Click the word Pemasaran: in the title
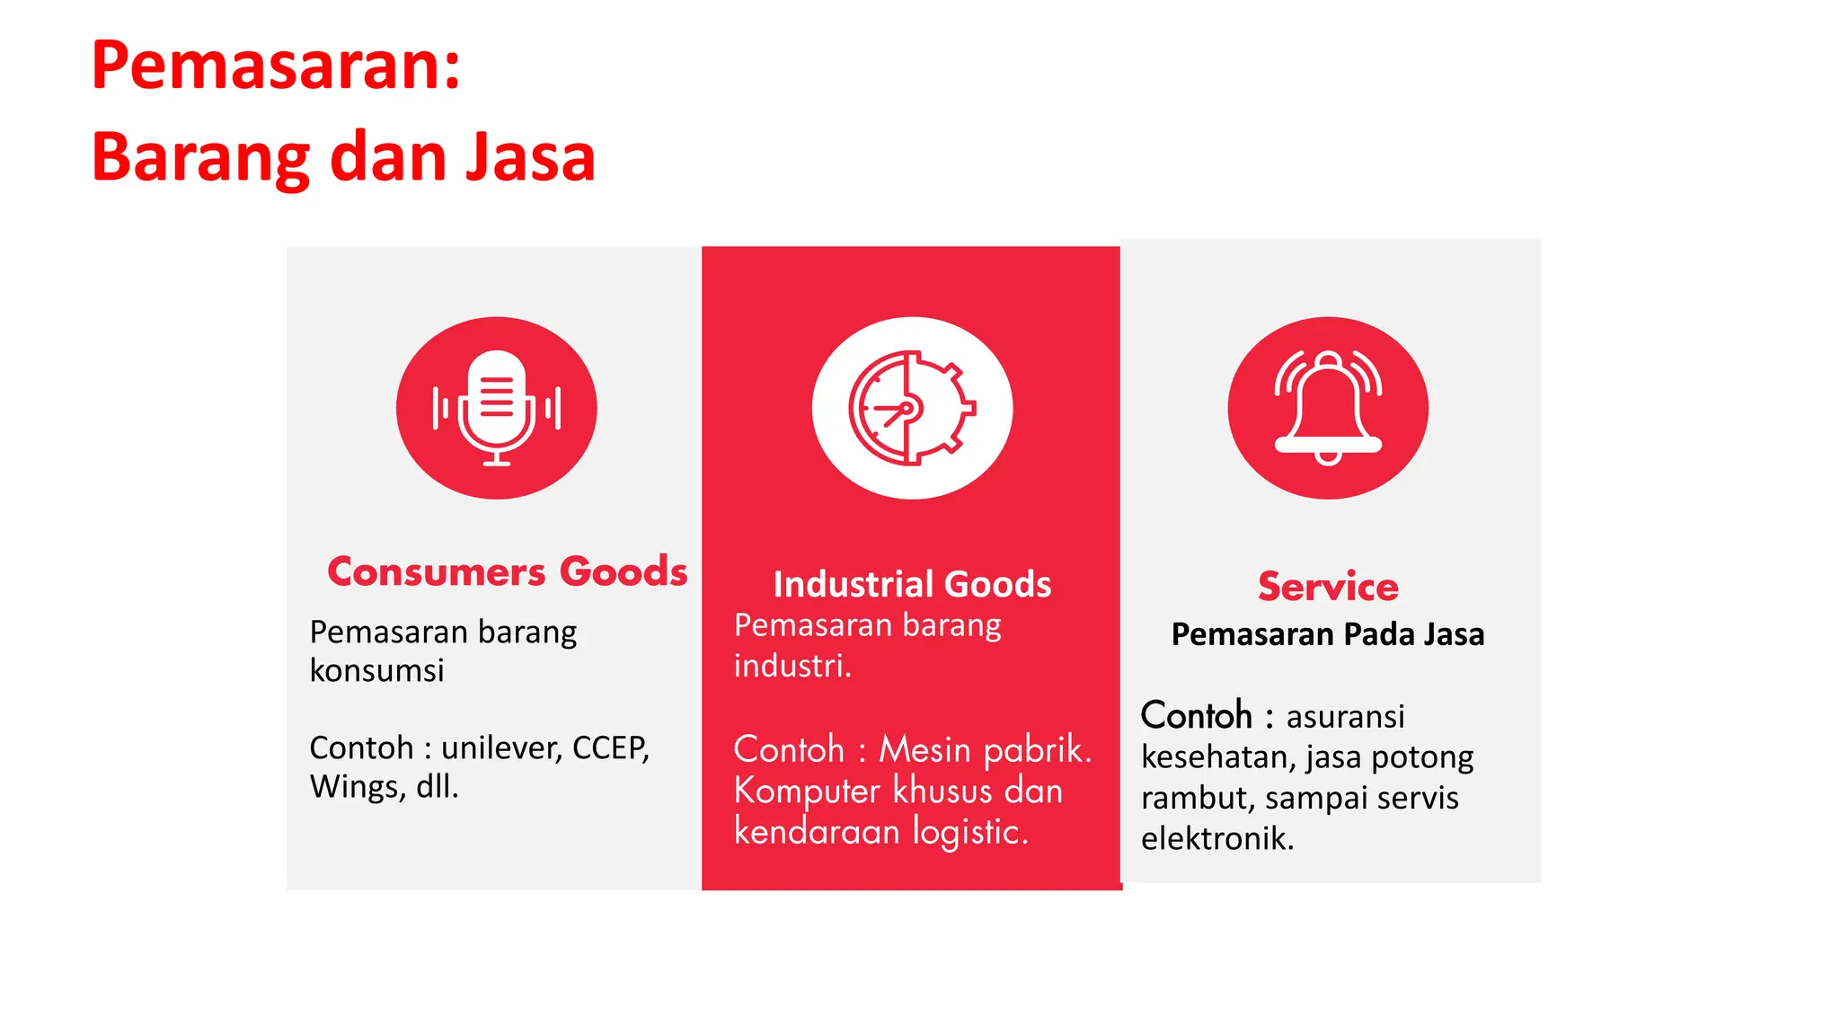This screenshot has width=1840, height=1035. pos(276,66)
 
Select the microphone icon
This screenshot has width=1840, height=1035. pos(496,408)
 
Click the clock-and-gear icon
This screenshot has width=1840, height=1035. pos(912,408)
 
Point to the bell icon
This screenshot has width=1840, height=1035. pos(1328,408)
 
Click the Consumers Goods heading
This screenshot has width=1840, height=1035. pos(507,571)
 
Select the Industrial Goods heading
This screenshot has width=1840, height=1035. pos(912,584)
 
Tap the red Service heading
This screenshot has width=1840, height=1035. pos(1328,587)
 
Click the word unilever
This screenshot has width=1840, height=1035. pos(500,747)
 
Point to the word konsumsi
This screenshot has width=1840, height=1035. pos(376,670)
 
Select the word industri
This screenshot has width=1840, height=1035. pos(792,666)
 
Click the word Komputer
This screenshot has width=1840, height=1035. pos(807,791)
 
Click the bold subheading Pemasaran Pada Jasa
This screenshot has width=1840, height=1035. pos(1328,634)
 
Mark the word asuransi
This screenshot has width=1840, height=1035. pos(1345,717)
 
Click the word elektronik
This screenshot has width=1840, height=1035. pos(1217,838)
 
